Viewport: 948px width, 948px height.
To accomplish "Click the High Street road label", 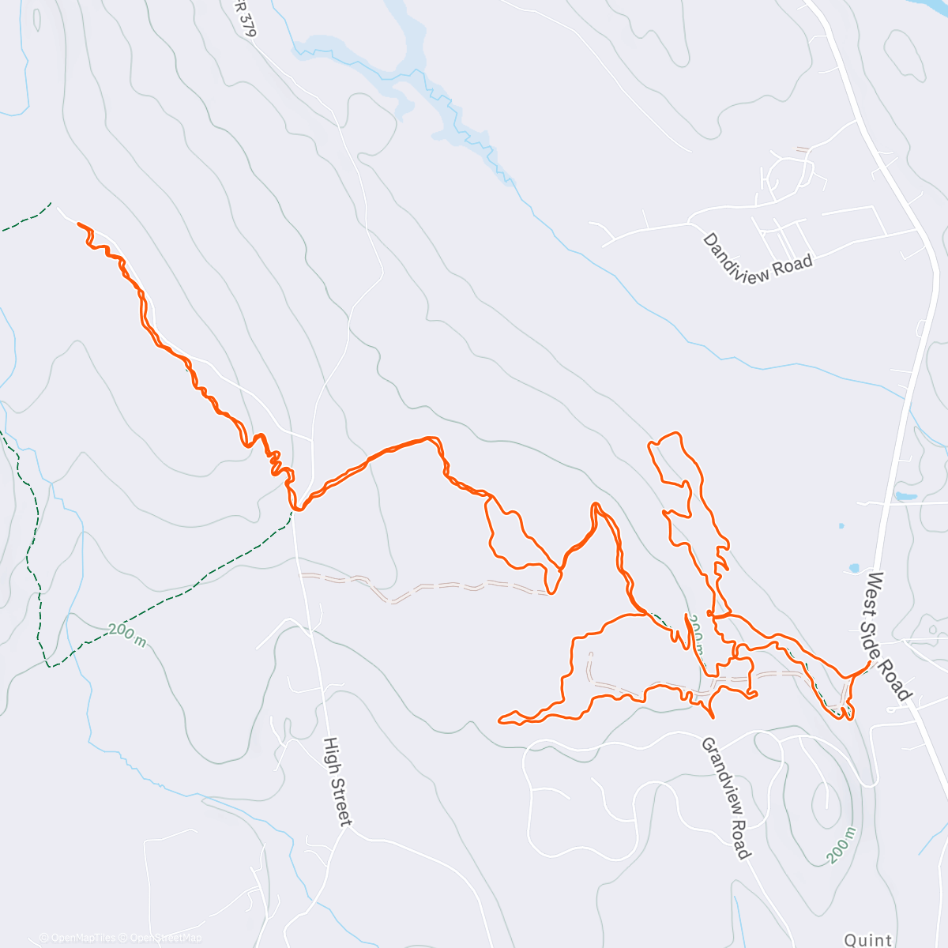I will point(337,782).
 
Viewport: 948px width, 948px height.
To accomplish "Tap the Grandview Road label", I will point(725,798).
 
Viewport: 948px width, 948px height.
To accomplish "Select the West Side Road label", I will point(889,636).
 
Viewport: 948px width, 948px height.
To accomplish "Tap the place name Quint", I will point(868,939).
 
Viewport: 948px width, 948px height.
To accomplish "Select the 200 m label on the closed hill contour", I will point(839,845).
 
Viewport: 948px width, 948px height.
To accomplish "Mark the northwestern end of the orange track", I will point(79,224).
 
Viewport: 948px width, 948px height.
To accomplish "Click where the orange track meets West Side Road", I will point(870,664).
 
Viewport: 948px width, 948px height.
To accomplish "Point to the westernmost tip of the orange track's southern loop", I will point(499,719).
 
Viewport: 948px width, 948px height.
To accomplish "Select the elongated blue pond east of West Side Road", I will point(905,497).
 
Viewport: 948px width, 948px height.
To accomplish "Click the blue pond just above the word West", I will point(854,567).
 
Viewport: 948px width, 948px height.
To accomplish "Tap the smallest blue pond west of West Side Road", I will point(841,525).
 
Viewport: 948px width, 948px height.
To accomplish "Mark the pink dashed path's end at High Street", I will point(301,576).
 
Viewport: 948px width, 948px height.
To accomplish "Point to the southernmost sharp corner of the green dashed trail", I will point(49,666).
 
